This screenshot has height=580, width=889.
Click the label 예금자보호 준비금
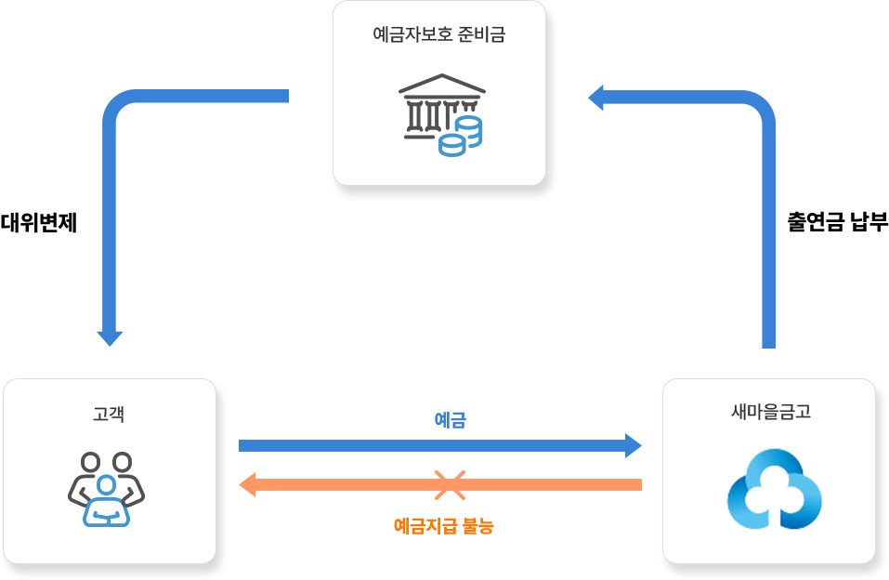click(439, 36)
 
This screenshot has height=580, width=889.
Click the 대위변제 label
click(38, 223)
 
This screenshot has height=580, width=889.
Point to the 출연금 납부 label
click(838, 223)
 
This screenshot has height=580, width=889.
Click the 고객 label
click(109, 414)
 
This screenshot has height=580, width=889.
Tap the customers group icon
click(107, 489)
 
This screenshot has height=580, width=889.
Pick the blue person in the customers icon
click(107, 503)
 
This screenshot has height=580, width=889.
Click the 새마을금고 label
click(771, 411)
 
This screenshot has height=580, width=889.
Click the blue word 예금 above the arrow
click(450, 420)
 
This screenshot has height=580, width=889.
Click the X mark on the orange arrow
click(450, 484)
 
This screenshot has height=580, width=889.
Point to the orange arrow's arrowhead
click(247, 484)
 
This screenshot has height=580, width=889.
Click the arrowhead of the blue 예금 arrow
click(633, 445)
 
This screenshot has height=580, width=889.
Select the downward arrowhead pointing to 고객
click(110, 337)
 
